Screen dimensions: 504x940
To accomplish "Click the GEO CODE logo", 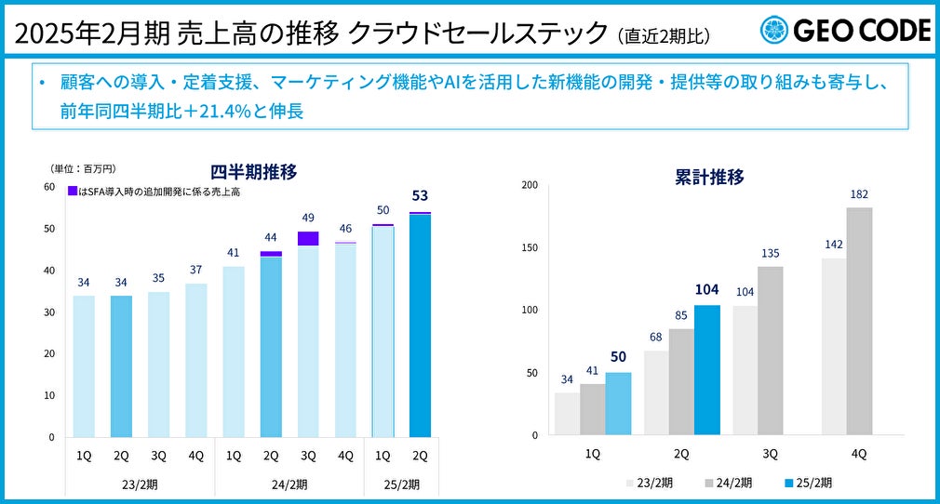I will [x=845, y=31].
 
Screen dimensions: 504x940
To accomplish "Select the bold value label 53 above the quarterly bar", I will [x=420, y=194].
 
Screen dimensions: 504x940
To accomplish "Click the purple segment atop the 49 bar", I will [x=308, y=238].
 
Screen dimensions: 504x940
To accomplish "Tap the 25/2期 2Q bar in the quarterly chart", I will [x=420, y=325].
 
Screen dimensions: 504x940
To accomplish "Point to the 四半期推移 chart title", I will [x=253, y=172].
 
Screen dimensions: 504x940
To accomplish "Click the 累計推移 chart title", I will [x=709, y=178].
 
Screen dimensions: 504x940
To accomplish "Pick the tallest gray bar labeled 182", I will [x=859, y=321].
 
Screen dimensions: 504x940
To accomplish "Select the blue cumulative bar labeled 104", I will [x=706, y=370].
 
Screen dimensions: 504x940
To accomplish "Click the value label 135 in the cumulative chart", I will [x=770, y=253].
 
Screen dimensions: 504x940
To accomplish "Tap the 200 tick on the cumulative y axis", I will [x=530, y=185].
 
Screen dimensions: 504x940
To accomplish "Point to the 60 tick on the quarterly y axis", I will [x=48, y=187].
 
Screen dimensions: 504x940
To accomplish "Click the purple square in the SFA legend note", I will [x=72, y=192].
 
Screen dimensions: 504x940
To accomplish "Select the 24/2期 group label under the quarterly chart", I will [x=289, y=484].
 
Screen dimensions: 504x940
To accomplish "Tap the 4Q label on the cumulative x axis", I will [x=858, y=454].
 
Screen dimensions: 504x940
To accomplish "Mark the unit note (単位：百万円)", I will [x=83, y=168].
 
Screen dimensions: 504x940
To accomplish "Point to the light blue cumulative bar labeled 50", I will [x=618, y=404].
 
